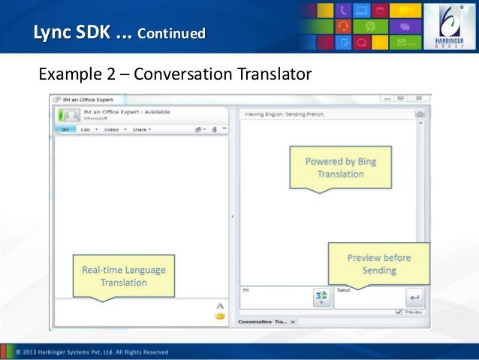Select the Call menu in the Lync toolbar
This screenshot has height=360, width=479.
(x=88, y=129)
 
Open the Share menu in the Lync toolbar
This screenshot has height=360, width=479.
(x=141, y=129)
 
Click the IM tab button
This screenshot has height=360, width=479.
(x=65, y=129)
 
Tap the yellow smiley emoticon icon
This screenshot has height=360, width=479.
(x=220, y=316)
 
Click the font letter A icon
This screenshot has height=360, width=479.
(x=220, y=306)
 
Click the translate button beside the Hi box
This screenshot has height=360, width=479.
(x=322, y=298)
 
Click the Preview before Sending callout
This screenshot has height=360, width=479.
(x=378, y=263)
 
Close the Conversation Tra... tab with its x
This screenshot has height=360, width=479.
(x=293, y=322)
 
